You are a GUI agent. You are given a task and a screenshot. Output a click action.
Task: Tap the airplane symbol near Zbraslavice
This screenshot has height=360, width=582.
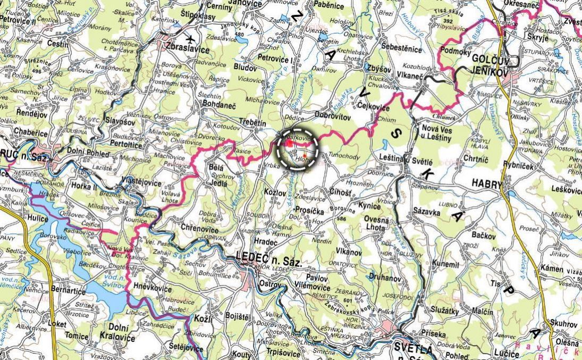(x=191, y=39)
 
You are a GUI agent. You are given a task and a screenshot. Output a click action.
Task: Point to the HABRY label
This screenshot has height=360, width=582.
(x=486, y=183)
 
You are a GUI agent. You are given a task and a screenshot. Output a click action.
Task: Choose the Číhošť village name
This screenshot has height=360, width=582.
(x=340, y=192)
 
